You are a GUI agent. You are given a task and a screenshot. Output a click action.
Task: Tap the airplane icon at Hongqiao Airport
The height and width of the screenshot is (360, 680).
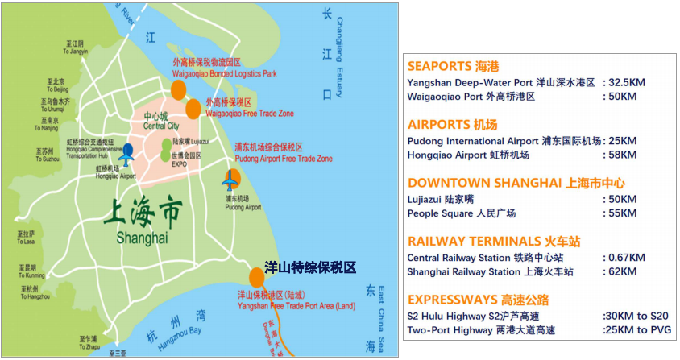127,151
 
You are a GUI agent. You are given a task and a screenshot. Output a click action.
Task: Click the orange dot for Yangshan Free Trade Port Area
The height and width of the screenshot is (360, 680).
255,276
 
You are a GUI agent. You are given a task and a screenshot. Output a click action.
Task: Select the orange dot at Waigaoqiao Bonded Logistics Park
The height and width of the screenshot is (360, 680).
178,89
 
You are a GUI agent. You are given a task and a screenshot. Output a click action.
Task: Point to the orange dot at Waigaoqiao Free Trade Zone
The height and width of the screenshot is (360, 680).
193,109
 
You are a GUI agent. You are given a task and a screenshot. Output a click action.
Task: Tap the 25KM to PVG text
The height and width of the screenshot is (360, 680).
635,329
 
